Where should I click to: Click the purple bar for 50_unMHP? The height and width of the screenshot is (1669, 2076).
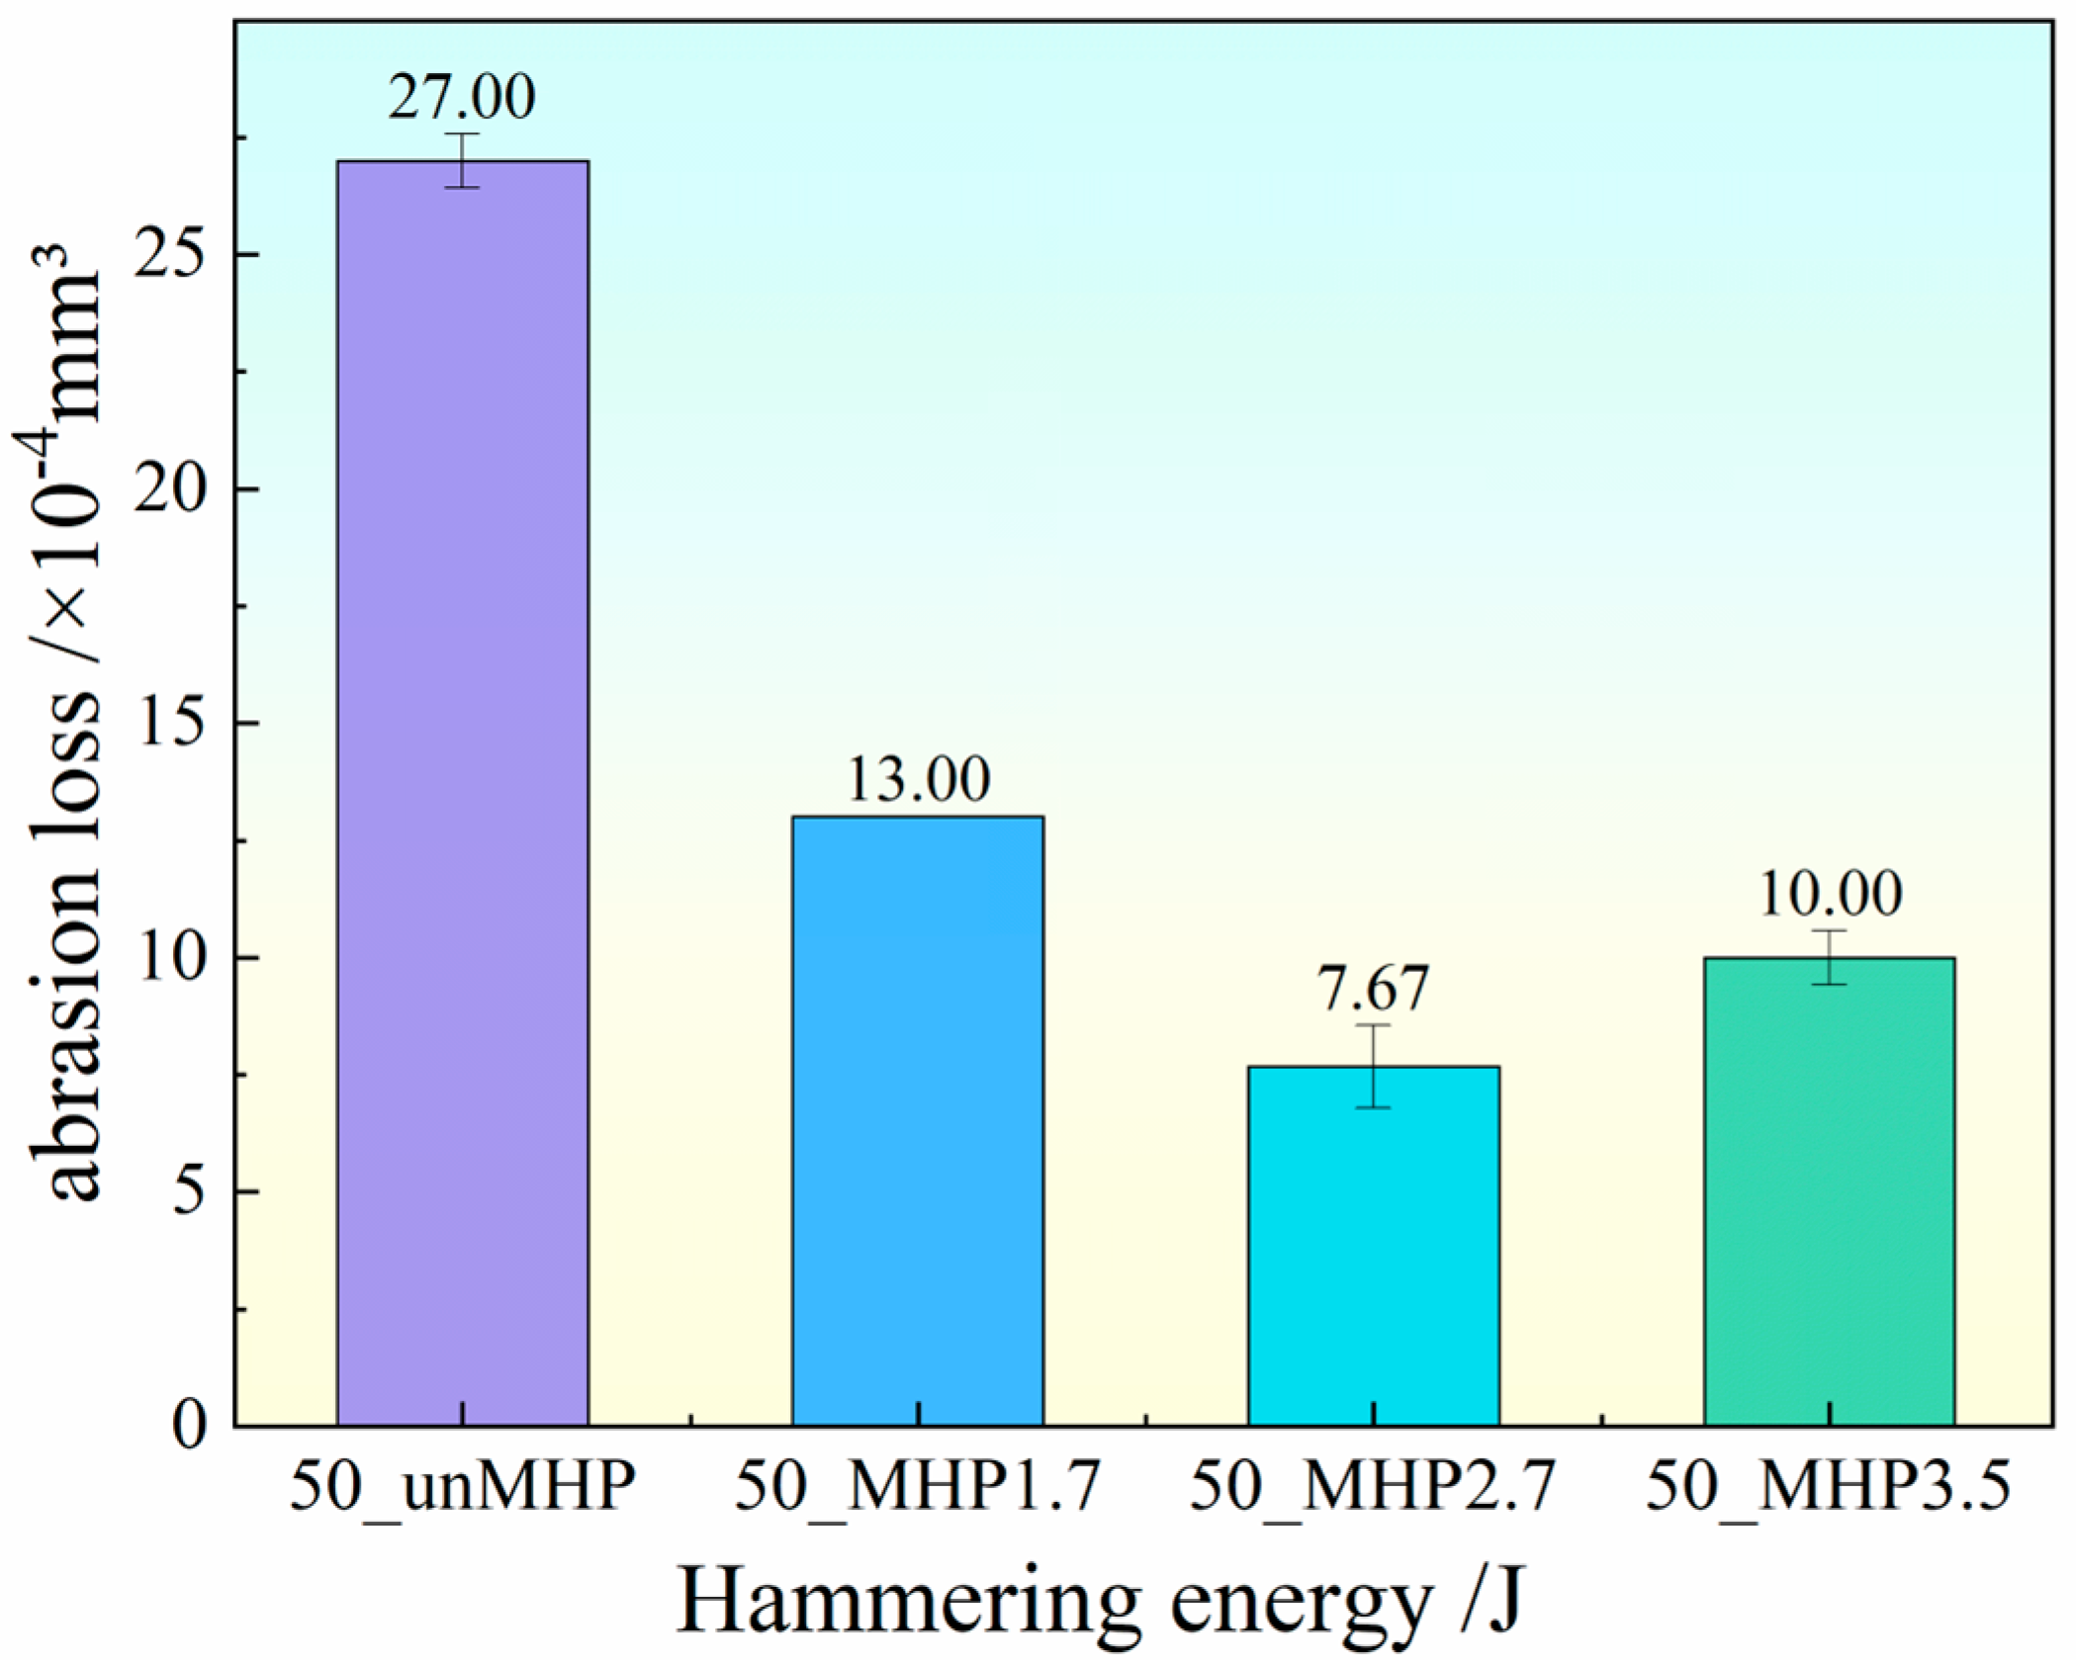coord(463,791)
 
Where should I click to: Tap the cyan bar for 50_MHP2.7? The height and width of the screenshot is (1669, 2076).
coord(1374,1245)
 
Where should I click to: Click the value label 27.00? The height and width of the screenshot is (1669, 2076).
coord(462,97)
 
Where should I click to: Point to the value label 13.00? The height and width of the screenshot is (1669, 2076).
coord(918,779)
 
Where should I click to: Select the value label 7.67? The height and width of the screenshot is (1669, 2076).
coord(1374,988)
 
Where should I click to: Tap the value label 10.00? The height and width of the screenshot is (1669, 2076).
coord(1830,894)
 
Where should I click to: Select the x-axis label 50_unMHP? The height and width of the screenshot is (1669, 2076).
coord(462,1486)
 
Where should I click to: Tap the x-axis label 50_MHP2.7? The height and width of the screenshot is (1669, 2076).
coord(1373,1486)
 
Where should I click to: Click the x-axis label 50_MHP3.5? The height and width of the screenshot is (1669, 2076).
coord(1829,1486)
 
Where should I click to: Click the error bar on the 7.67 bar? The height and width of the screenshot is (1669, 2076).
coord(1374,1066)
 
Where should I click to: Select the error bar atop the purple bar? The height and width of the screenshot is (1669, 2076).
coord(462,160)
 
